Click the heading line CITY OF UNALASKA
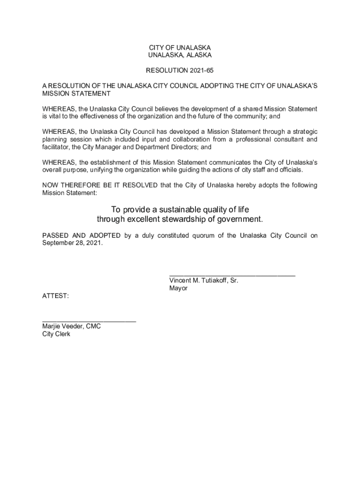coord(180,48)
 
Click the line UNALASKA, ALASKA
coord(180,55)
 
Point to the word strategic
coord(303,131)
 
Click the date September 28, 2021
coord(72,243)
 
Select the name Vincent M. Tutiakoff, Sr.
coord(203,281)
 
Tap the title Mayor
coord(178,288)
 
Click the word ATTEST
coord(55,296)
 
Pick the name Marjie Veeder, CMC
coord(71,327)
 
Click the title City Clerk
coord(56,334)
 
